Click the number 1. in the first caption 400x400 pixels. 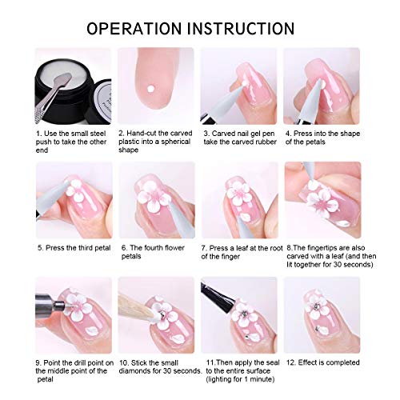(39, 130)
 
